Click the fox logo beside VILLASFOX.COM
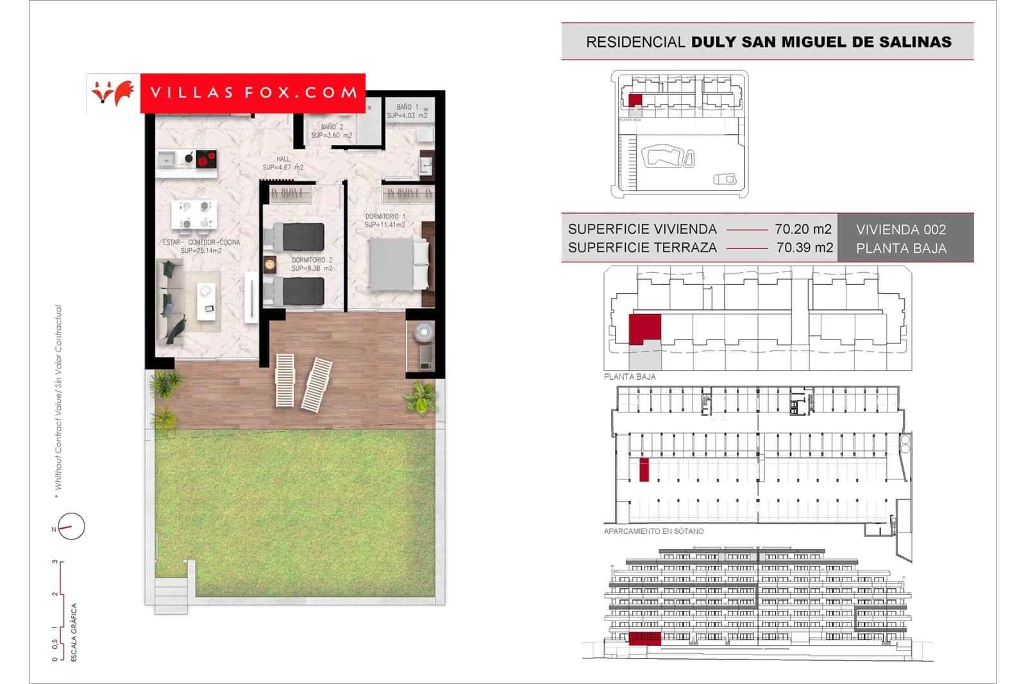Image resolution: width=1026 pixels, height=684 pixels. [x=113, y=93]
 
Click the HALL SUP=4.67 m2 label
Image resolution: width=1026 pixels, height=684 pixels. [x=283, y=163]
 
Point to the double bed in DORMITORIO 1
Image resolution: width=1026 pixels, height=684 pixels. [x=398, y=264]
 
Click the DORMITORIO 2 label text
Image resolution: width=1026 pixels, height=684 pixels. [x=312, y=260]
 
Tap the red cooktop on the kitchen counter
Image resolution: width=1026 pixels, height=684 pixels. [x=206, y=158]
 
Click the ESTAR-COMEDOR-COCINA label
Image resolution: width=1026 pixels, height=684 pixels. [x=201, y=243]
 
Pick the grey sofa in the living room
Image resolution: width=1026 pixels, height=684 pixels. [x=171, y=302]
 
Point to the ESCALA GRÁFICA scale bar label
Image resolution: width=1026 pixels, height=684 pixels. [x=74, y=632]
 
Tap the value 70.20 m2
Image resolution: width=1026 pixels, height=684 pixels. [x=803, y=229]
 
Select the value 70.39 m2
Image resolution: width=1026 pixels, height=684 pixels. [x=804, y=248]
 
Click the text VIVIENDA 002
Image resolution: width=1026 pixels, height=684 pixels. [x=900, y=230]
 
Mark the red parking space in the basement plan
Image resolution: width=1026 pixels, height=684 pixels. [x=644, y=470]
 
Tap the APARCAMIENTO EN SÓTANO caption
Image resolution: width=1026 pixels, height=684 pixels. [x=653, y=531]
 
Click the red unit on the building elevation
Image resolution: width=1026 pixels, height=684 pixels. [x=644, y=637]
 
